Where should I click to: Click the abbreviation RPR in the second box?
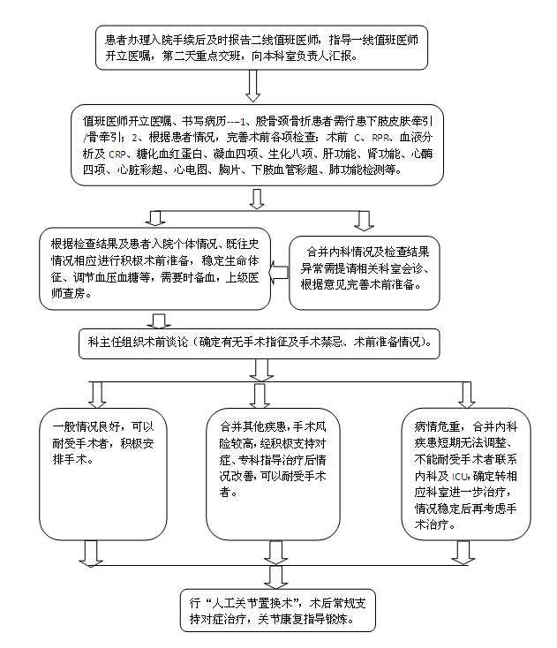click(x=380, y=138)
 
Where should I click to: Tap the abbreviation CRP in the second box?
click(x=117, y=154)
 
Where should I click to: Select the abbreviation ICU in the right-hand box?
click(x=460, y=477)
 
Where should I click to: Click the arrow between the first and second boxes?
click(x=252, y=86)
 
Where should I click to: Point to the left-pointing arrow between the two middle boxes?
click(x=279, y=273)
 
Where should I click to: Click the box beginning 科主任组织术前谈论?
click(x=259, y=343)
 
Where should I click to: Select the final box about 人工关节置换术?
click(x=278, y=610)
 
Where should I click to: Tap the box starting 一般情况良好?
click(x=103, y=474)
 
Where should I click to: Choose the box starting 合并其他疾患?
click(x=273, y=474)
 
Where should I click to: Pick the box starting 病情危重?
click(x=466, y=474)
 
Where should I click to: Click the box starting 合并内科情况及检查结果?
click(x=364, y=273)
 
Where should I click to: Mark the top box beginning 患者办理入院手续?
click(x=261, y=48)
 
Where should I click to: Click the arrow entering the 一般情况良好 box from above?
click(x=97, y=395)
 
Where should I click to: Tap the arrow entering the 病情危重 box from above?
click(x=466, y=395)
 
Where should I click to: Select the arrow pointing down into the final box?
click(x=275, y=576)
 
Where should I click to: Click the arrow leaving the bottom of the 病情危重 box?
click(x=463, y=553)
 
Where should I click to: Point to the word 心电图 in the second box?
click(x=191, y=170)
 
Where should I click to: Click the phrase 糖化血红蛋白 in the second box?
click(x=169, y=154)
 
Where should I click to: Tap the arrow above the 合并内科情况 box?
click(x=364, y=221)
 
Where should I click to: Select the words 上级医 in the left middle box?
click(x=243, y=277)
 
